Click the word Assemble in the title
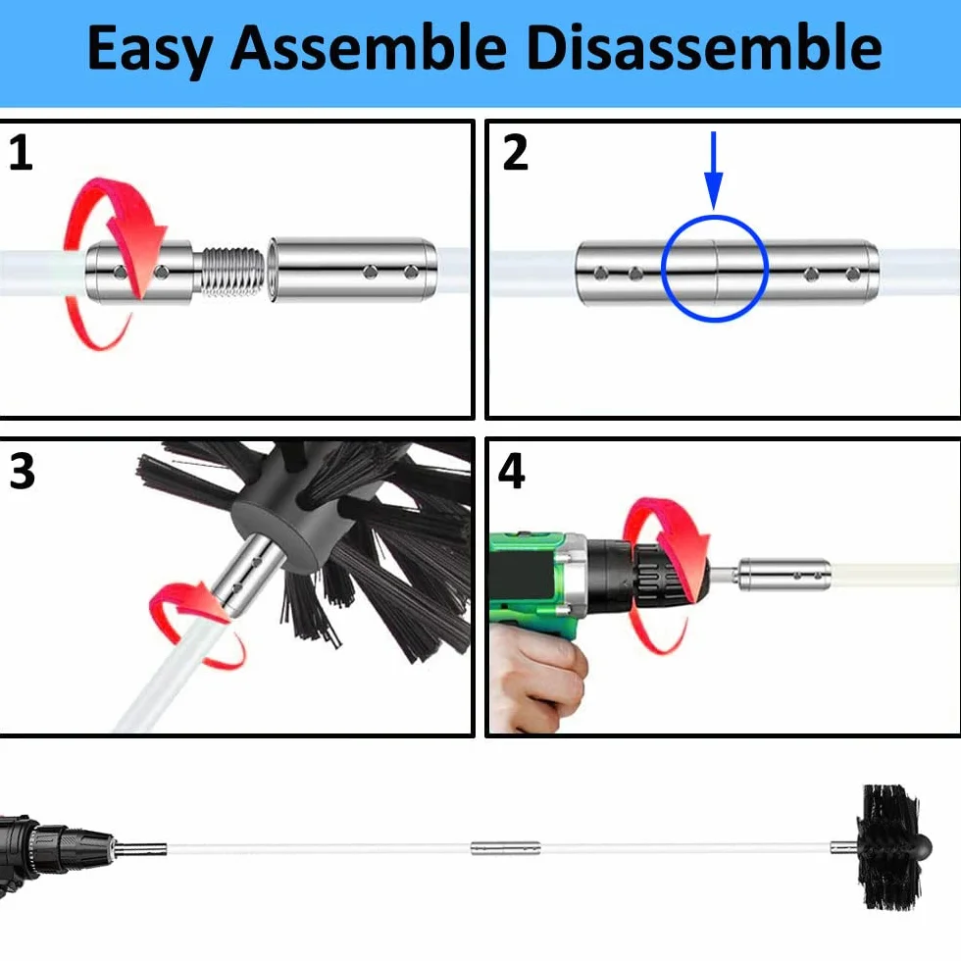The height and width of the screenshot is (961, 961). point(369,47)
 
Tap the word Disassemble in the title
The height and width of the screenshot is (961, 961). point(704,47)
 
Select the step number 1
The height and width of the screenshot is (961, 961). point(21,153)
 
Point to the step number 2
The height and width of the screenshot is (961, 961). point(515,153)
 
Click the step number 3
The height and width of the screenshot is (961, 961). point(23,471)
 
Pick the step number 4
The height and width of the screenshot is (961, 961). point(512,471)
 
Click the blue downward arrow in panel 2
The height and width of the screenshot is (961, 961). point(714,171)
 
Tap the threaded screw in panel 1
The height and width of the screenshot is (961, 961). point(230,271)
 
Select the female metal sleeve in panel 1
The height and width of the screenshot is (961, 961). point(353,270)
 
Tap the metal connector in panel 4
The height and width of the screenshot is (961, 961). point(785,575)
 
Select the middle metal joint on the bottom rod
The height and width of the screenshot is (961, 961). point(506,849)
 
